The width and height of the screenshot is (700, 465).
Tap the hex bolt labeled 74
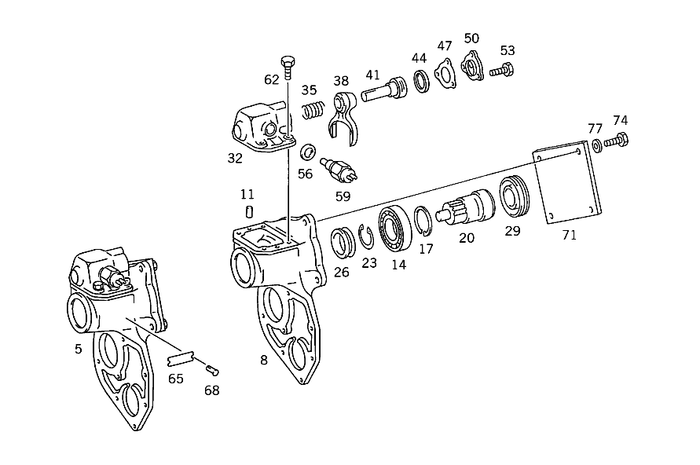(x=620, y=142)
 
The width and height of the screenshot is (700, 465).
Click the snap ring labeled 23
(x=367, y=235)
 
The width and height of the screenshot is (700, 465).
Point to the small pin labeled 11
(x=249, y=211)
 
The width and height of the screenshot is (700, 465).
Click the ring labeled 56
(x=309, y=151)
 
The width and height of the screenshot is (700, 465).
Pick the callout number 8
(x=264, y=361)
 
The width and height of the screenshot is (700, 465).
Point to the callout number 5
(x=78, y=349)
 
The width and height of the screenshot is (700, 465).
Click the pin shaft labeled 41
(x=383, y=91)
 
